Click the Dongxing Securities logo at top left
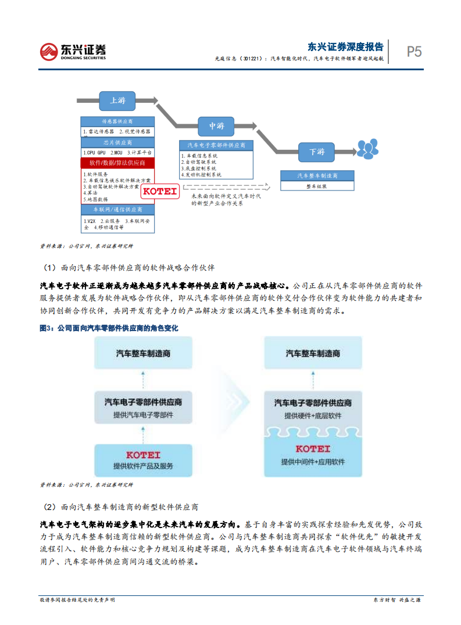[73, 51]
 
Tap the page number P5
[414, 52]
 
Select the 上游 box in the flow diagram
[117, 100]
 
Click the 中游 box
[216, 125]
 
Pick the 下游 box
[316, 152]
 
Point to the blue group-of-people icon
[367, 149]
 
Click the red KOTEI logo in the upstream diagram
[159, 190]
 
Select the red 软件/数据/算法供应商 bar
[117, 163]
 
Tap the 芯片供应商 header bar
[117, 142]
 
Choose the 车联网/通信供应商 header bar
[117, 209]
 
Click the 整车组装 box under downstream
[316, 186]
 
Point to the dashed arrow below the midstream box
[227, 187]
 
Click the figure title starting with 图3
[108, 328]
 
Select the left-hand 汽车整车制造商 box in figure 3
[143, 353]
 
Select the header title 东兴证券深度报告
[345, 47]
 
